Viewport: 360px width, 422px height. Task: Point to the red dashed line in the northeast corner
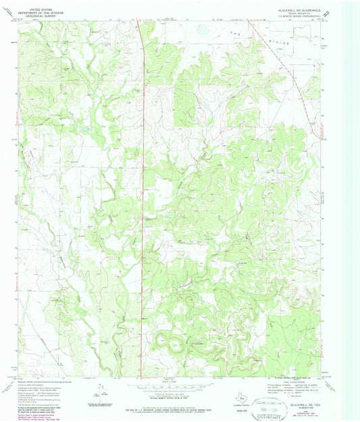[x=297, y=68]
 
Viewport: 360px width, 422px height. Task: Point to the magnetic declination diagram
[x=100, y=392]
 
